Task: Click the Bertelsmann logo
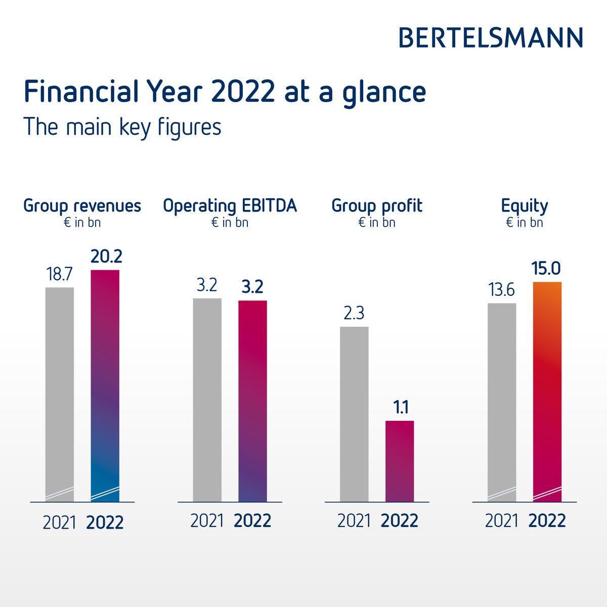point(491,38)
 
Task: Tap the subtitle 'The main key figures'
point(122,127)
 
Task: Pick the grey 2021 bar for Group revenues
point(60,395)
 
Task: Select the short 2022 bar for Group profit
point(400,461)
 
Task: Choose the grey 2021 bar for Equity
point(502,402)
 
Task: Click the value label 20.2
point(106,257)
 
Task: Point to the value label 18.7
point(60,275)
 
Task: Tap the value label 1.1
point(401,408)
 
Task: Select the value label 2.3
point(354,314)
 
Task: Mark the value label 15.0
point(546,269)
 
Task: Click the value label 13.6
point(501,290)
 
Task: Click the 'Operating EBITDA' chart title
point(230,206)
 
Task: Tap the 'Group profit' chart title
point(377,206)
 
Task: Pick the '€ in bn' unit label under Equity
point(525,223)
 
